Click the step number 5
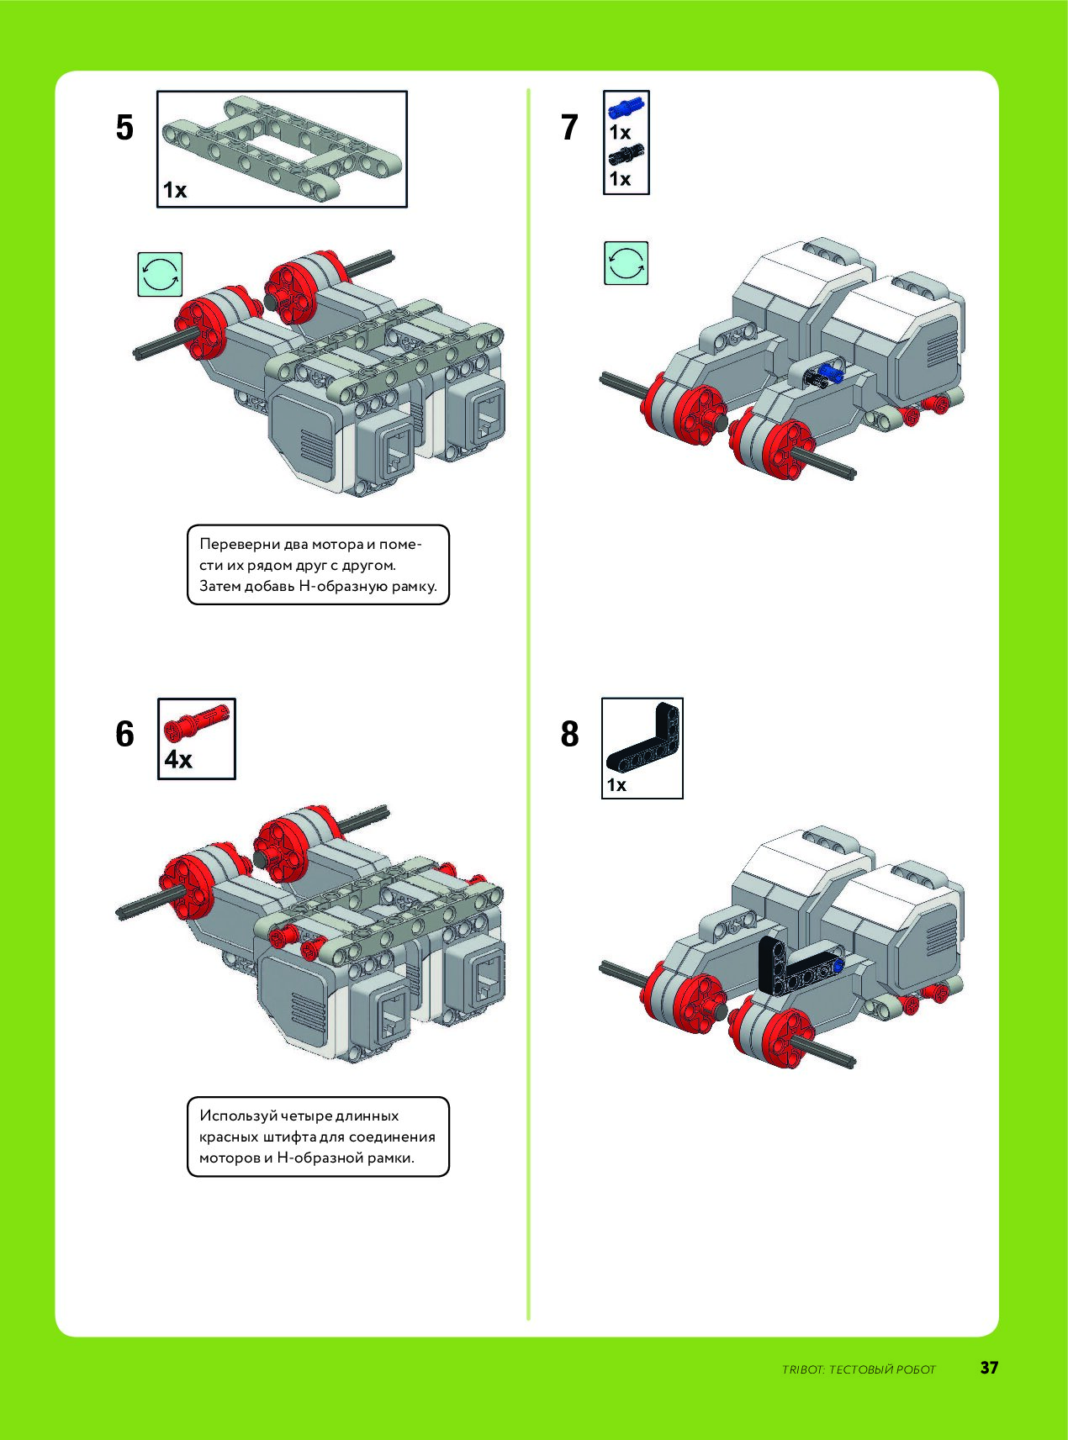coord(124,128)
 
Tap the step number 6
coord(124,734)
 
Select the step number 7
coord(569,128)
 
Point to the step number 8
coord(569,734)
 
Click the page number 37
coord(989,1368)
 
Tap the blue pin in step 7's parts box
coord(626,107)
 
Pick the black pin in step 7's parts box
coord(626,153)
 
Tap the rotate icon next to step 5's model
coord(160,273)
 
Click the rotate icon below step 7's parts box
coord(626,263)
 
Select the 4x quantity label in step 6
coord(178,760)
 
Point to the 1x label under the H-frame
coord(174,190)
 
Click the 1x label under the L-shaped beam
coord(616,785)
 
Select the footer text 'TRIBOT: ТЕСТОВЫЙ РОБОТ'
coord(859,1369)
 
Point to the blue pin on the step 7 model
coord(831,373)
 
